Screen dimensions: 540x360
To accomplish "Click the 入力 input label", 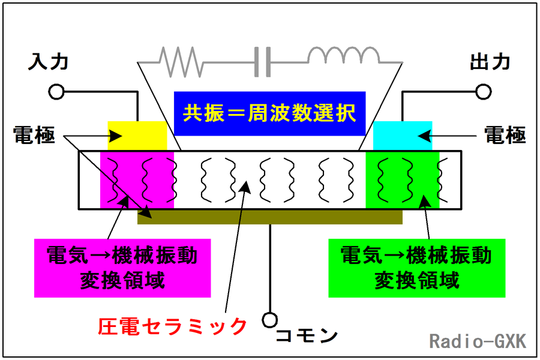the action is (x=48, y=62).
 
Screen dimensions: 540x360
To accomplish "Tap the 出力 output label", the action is (x=490, y=62).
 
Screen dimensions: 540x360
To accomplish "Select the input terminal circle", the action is (x=56, y=92).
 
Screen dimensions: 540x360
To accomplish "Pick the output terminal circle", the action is (x=484, y=92).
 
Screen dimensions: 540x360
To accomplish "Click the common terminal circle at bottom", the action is (x=269, y=320).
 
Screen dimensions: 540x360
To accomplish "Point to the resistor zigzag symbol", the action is (x=180, y=62).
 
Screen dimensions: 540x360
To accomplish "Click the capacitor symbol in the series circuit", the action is (x=262, y=62).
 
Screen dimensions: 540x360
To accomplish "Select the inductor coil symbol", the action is (x=344, y=55).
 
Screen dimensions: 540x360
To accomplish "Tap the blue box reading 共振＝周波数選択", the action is (x=269, y=113).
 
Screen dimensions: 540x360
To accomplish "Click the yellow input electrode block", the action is (x=137, y=136).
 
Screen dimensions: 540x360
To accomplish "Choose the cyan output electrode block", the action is (x=403, y=136).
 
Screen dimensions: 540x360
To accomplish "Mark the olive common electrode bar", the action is (x=270, y=217).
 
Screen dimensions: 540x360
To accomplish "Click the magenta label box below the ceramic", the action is (x=122, y=268).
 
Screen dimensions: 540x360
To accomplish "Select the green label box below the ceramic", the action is (x=417, y=268).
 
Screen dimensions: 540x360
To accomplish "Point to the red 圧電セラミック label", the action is (x=173, y=326).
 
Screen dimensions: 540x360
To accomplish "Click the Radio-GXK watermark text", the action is (x=478, y=341).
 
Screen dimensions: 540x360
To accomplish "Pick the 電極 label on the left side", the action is (x=34, y=134).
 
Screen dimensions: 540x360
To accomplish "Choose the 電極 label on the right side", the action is (x=505, y=134).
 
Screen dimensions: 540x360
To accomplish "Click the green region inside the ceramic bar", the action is (x=402, y=180).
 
